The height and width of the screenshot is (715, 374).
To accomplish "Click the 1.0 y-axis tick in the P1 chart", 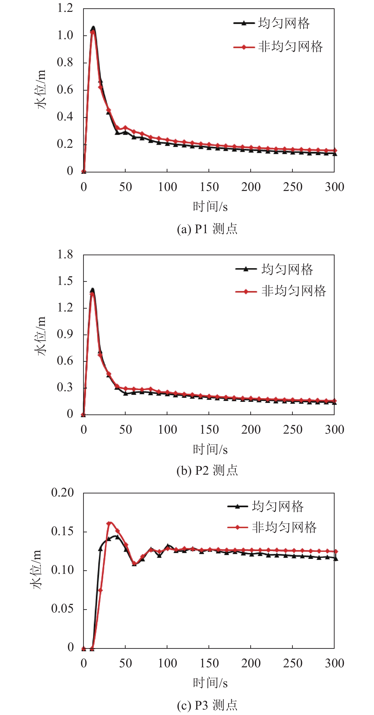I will click(x=65, y=36).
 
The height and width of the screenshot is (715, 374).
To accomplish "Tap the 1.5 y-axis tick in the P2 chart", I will click(x=65, y=281).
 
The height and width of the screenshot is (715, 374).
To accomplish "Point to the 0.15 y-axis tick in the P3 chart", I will click(x=62, y=531).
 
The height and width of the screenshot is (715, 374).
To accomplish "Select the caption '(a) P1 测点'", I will click(x=207, y=229).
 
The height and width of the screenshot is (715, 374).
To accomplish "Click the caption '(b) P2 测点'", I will click(x=207, y=470).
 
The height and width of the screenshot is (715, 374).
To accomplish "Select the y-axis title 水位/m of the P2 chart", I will click(x=40, y=336).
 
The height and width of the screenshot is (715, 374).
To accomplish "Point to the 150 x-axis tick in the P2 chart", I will click(x=209, y=430).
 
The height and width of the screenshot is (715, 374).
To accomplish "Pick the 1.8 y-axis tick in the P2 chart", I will click(x=65, y=255).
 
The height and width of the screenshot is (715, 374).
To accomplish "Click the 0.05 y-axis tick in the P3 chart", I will click(x=62, y=609).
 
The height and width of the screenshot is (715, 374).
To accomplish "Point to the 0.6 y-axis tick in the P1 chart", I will click(x=65, y=90).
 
